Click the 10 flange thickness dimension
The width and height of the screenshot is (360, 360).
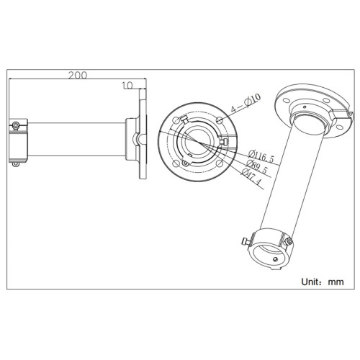127,85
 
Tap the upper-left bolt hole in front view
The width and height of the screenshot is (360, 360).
182,118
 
